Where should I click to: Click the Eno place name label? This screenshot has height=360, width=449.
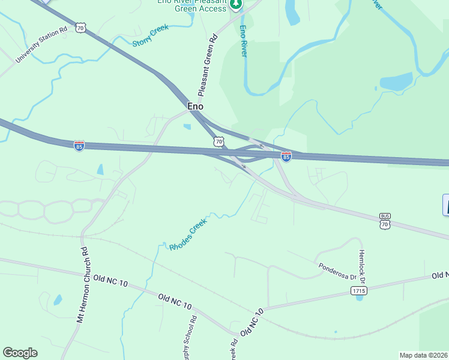click(x=196, y=106)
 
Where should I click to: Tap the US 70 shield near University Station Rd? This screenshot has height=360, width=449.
click(x=82, y=28)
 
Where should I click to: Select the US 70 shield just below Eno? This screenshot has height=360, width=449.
click(x=218, y=142)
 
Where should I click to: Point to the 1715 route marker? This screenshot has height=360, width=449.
click(x=358, y=290)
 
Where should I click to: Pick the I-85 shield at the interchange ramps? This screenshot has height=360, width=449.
click(x=286, y=157)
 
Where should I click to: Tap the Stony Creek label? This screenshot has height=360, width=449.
click(x=151, y=35)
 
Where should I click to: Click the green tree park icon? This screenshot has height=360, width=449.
click(x=237, y=5)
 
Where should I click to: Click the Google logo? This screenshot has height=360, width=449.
click(x=20, y=353)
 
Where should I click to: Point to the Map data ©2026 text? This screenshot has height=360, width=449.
click(x=423, y=355)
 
